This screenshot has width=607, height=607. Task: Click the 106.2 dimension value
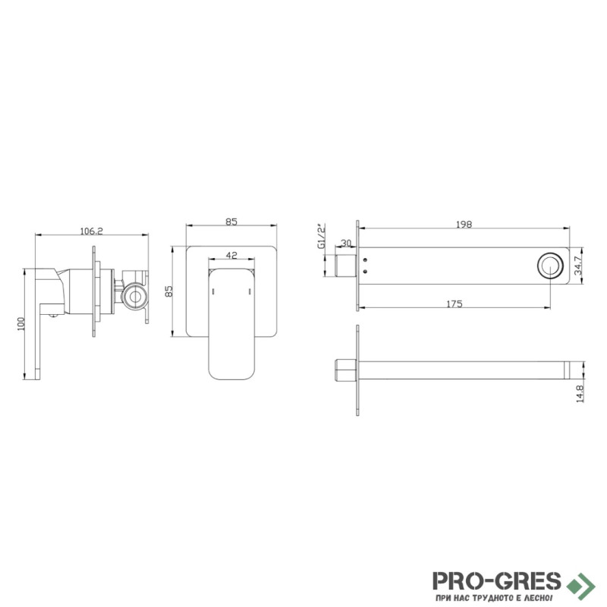(x=91, y=231)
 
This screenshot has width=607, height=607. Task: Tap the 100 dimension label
(x=21, y=324)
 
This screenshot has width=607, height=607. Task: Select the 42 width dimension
(x=231, y=255)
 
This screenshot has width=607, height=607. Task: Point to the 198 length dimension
(x=464, y=225)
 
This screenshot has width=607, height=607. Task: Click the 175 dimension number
(x=454, y=304)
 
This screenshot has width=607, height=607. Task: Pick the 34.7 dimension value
(x=578, y=266)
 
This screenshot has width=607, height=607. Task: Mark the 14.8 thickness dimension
(x=580, y=393)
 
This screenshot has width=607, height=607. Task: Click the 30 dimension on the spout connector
(x=346, y=243)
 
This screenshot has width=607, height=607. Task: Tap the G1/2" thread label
(x=322, y=236)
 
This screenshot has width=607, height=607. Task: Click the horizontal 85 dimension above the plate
(x=231, y=222)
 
